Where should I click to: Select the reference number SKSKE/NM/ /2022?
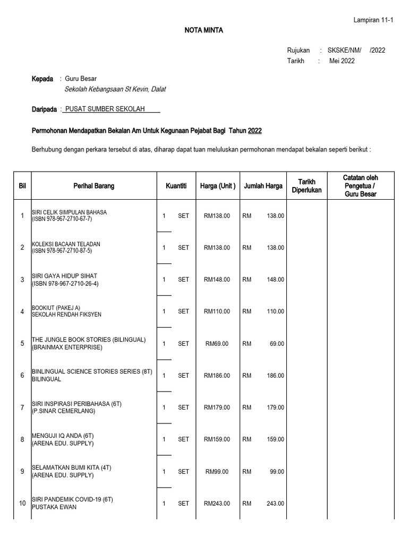(356, 50)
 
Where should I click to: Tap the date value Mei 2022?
(342, 61)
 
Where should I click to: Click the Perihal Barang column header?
(93, 186)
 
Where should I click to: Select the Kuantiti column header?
(176, 186)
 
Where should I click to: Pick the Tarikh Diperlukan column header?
(307, 186)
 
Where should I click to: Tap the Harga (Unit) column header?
(217, 186)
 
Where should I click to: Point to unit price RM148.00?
(217, 279)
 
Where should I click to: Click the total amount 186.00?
(275, 376)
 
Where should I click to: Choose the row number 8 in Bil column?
(22, 439)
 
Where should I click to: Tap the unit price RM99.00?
(217, 472)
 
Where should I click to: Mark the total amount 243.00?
(275, 504)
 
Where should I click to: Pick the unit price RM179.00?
(217, 407)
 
